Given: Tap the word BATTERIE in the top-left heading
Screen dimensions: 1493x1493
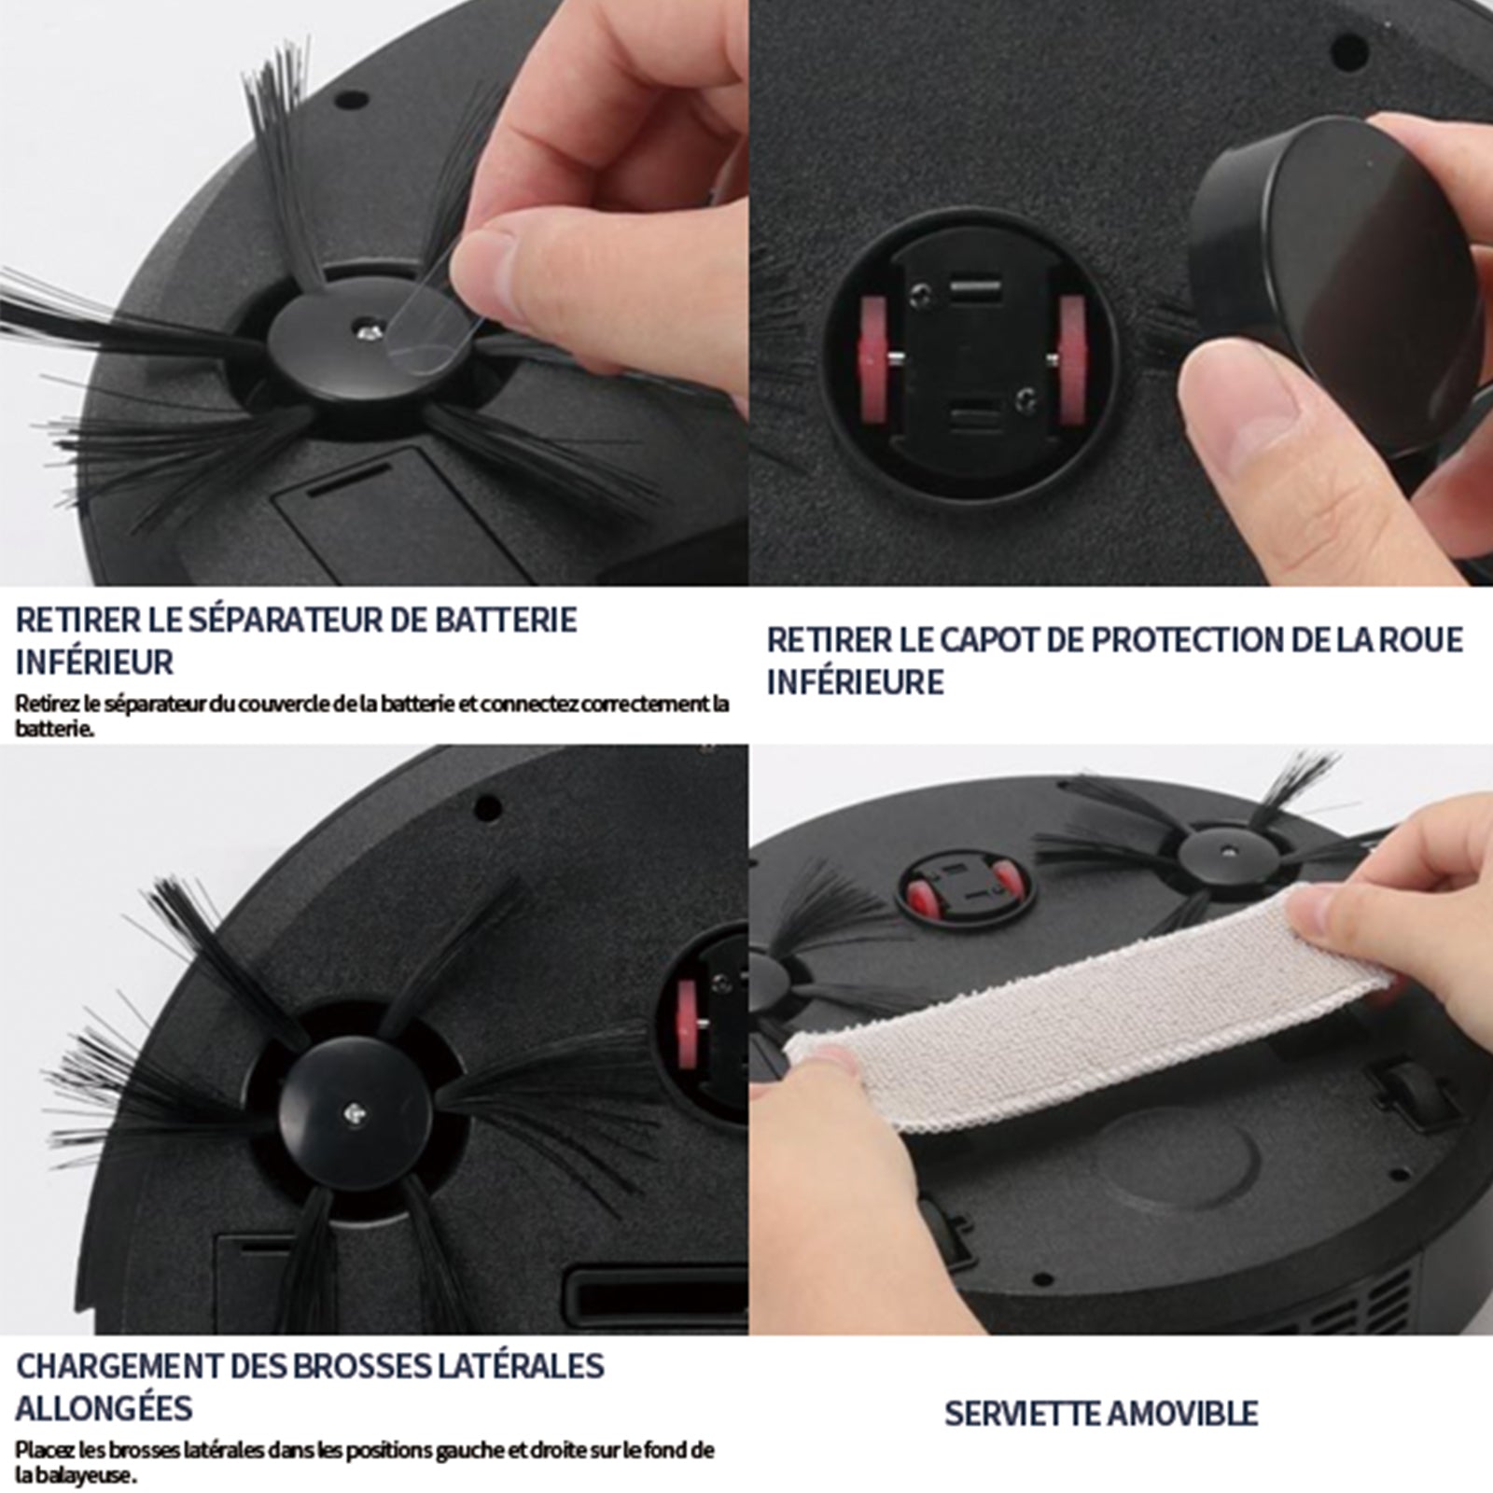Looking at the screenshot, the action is tap(507, 620).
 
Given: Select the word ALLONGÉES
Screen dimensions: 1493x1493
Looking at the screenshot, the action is tap(104, 1407).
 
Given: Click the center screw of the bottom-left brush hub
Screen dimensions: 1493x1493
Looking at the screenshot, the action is tap(355, 1109).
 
